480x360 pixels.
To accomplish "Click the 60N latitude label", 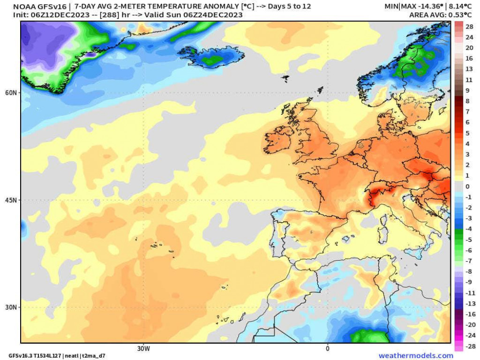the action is pos(11,92).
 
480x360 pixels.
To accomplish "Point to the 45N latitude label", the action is pos(11,200).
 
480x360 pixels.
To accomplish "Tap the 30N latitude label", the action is pos(11,307).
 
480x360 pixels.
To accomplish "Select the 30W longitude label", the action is pos(143,348).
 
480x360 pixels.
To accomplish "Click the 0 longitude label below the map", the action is pos(328,348).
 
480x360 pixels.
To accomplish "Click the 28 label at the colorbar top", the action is pos(469,27).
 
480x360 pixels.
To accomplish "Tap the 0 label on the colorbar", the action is pos(467,187).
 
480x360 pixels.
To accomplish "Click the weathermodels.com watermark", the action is pos(416,355).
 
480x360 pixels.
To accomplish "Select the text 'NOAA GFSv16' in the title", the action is pos(39,7).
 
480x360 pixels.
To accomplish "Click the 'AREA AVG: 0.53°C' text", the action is pos(441,15).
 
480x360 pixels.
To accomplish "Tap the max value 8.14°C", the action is pos(460,6).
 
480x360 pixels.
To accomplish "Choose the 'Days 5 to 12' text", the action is pos(289,6).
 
